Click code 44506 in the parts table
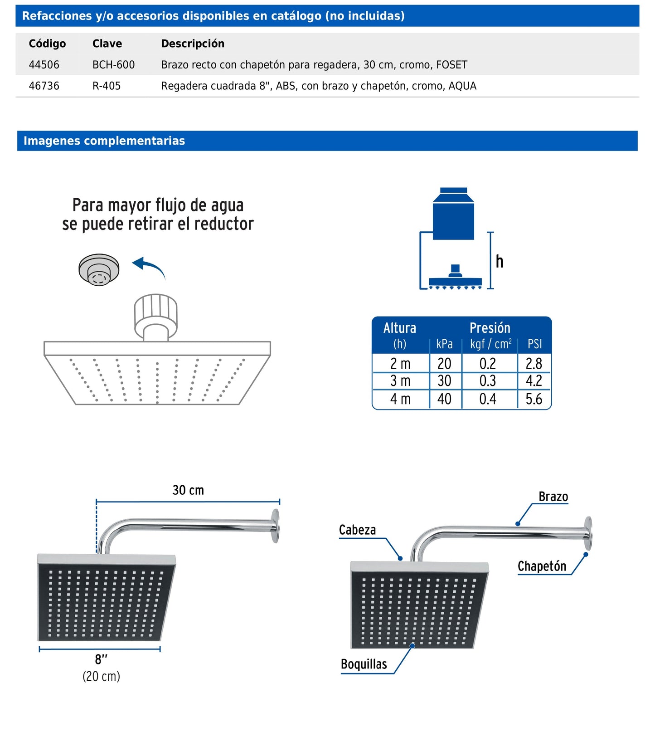pos(44,65)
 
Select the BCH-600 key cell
pos(113,65)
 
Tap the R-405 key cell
pos(107,86)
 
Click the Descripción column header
pos(193,44)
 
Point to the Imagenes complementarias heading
pos(104,141)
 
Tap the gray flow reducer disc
pos(99,269)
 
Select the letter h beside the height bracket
pos(500,262)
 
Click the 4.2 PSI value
pos(534,381)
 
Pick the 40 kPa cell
pos(444,399)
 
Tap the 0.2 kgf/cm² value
pos(488,364)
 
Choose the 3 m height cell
pos(400,381)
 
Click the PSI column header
pos(534,344)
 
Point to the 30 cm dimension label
pos(188,490)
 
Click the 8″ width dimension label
pos(101,659)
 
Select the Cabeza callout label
pos(357,530)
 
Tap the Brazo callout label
pos(553,497)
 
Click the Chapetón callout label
pos(542,566)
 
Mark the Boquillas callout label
pos(364,664)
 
